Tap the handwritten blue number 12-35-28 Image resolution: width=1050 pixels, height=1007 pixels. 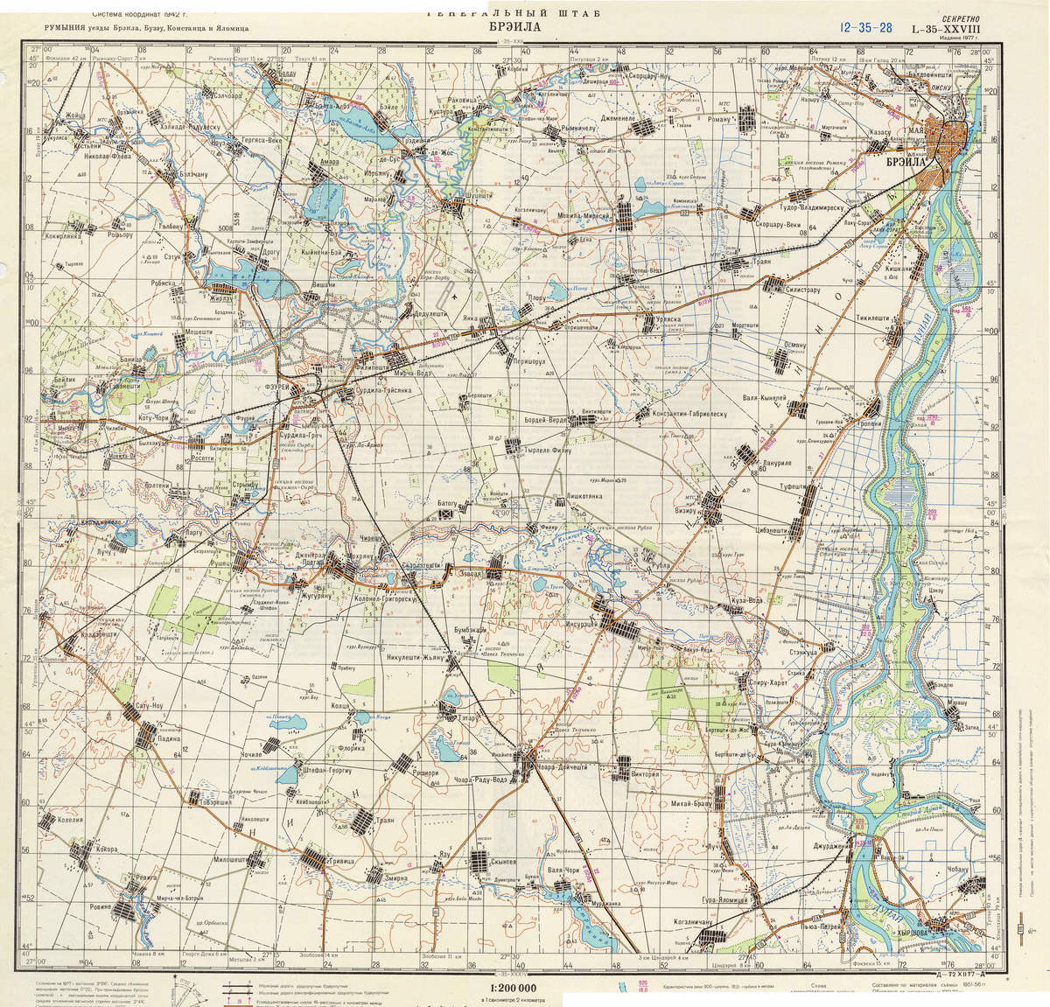(x=864, y=27)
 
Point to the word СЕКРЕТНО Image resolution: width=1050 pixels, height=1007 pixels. (x=966, y=17)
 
